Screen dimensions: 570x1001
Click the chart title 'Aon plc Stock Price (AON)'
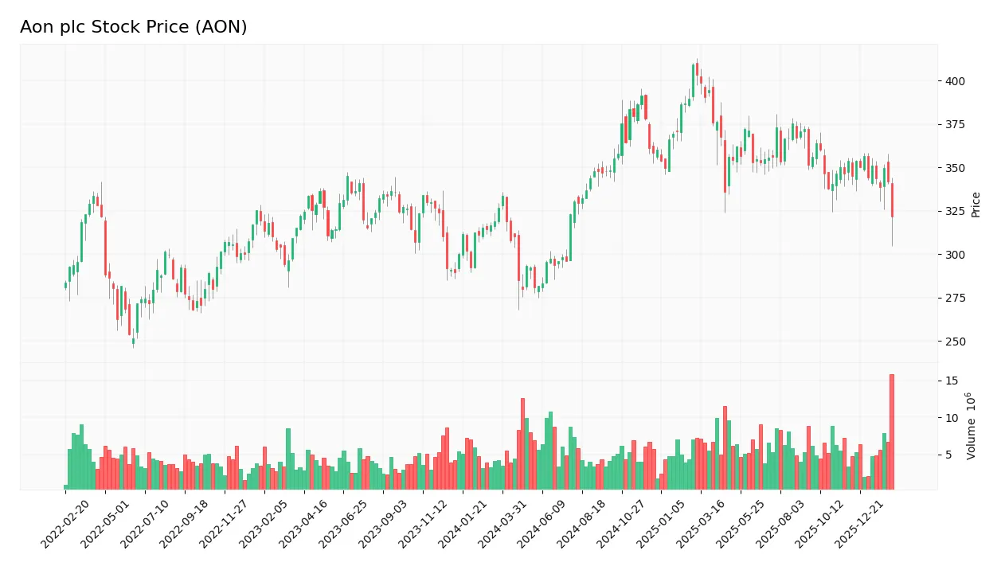tap(134, 27)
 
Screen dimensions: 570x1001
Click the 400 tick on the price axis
tap(956, 81)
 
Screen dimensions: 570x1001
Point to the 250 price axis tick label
tap(956, 342)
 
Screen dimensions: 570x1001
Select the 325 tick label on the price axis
tap(956, 211)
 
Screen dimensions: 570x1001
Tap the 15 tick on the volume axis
tap(952, 381)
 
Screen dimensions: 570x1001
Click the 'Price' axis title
tap(976, 205)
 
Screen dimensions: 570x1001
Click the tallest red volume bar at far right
tap(892, 431)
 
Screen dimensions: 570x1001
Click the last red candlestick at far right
tap(892, 200)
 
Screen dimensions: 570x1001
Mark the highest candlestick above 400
tap(697, 70)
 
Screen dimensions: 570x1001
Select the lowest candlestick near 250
tap(133, 341)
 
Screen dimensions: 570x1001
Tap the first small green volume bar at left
tap(66, 486)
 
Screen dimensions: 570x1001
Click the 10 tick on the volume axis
tap(952, 418)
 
